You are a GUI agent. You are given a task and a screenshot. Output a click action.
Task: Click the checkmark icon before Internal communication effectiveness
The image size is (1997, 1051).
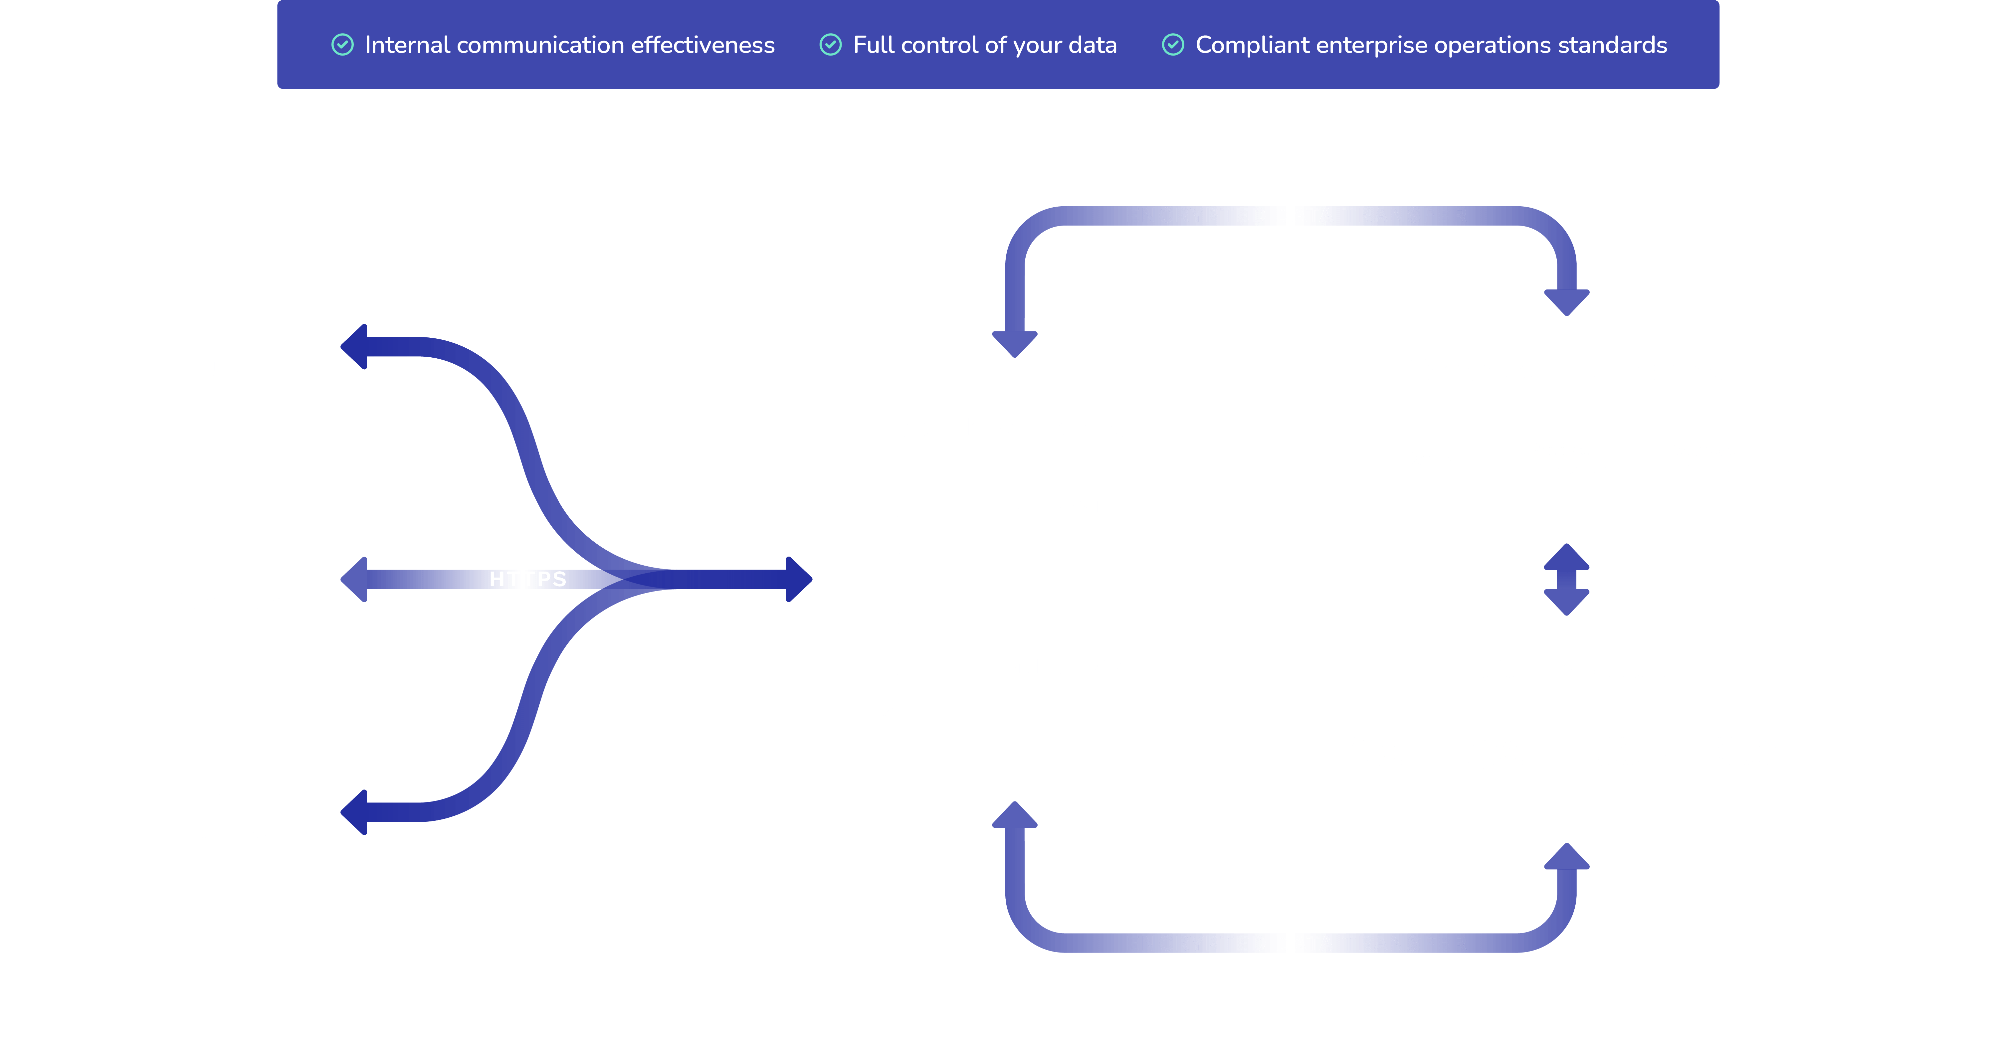[343, 45]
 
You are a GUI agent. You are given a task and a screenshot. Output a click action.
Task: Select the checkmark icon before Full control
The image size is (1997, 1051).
[830, 45]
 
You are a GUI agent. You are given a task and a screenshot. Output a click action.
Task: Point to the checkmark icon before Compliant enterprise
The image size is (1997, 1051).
[1173, 45]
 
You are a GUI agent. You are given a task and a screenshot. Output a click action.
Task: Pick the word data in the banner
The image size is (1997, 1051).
[1092, 45]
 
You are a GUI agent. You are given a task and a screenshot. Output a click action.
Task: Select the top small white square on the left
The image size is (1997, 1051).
[239, 346]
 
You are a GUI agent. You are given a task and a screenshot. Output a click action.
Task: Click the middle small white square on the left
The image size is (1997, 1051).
[239, 579]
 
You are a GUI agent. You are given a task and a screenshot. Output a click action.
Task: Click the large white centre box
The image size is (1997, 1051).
[1015, 579]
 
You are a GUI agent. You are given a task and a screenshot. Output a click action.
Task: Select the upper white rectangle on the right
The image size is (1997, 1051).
[1567, 430]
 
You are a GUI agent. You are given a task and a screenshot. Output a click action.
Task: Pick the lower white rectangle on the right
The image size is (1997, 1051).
[1567, 729]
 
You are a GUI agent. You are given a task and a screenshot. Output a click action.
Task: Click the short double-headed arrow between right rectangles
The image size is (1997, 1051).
[1567, 579]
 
